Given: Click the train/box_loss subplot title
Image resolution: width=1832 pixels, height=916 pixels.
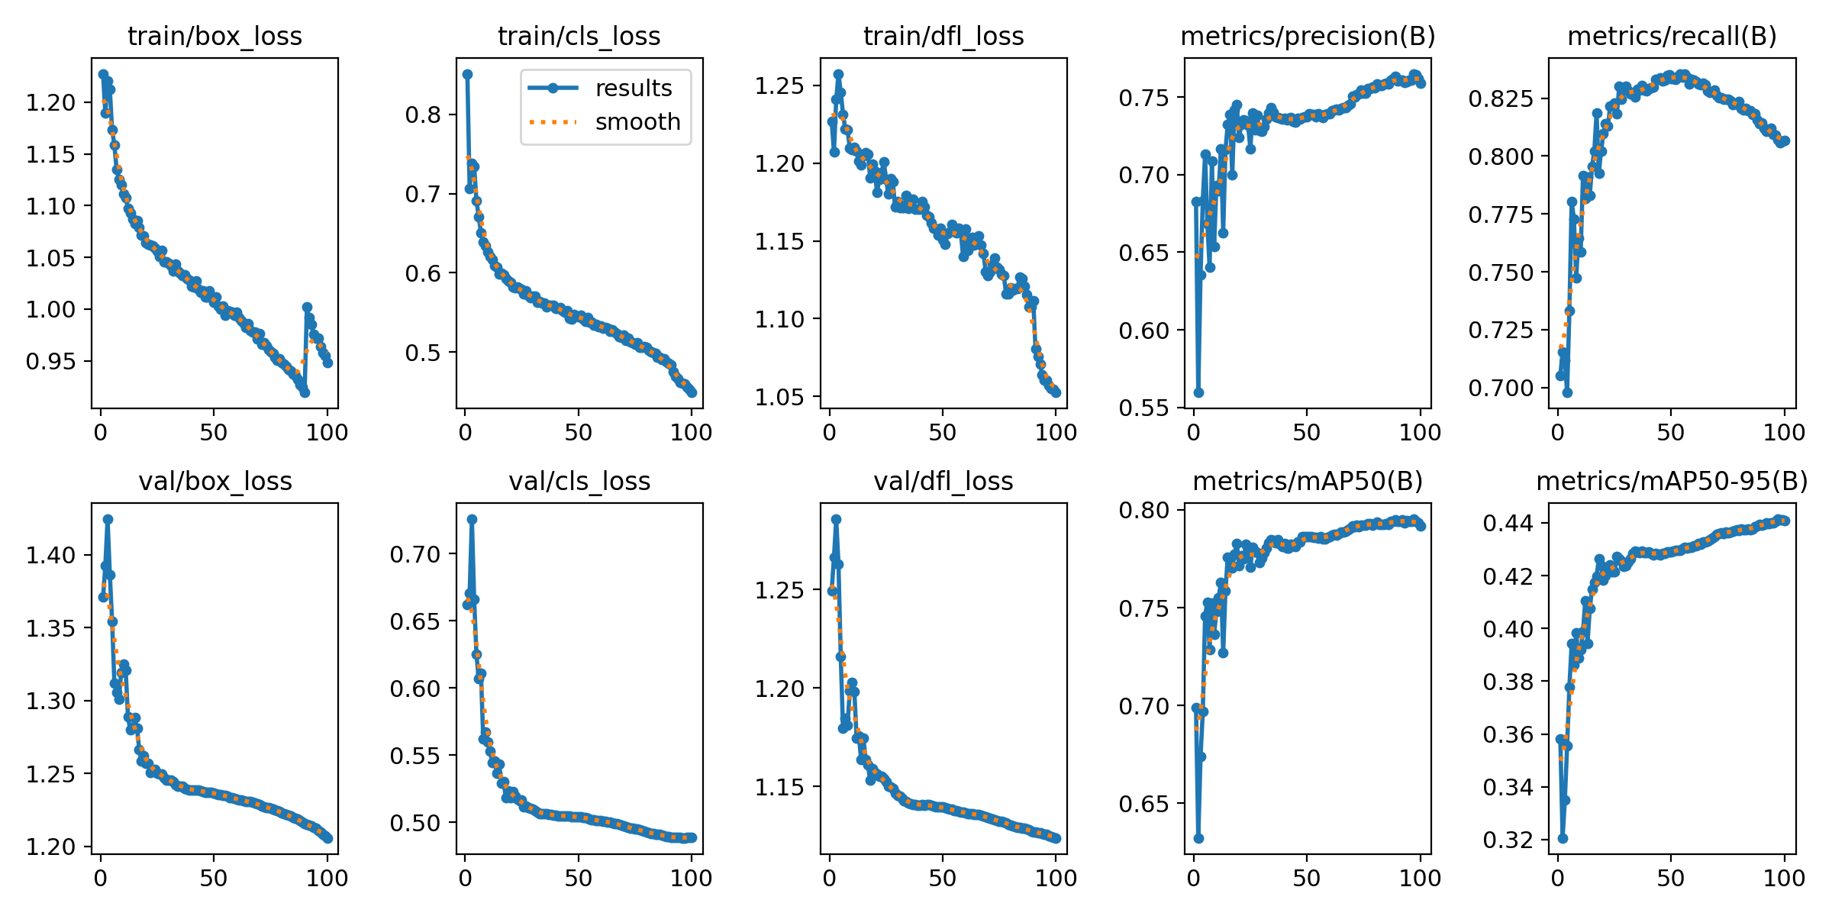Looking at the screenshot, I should point(214,36).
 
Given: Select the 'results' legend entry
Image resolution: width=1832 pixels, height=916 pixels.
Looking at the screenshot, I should point(633,89).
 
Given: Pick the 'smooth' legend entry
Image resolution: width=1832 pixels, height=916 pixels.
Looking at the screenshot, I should point(637,122).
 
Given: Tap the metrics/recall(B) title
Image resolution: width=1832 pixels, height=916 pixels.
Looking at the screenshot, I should point(1672,36).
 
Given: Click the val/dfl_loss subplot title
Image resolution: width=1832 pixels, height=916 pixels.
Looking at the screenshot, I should point(943,481).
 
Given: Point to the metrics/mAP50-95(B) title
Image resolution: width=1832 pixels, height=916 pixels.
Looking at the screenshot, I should point(1672,481).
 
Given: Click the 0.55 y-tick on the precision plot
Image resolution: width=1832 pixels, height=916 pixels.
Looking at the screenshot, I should point(1143,408).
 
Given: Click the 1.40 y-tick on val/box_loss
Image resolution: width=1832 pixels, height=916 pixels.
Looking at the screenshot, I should point(51,555).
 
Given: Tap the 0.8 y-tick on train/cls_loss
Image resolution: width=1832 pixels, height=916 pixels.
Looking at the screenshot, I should point(424,115).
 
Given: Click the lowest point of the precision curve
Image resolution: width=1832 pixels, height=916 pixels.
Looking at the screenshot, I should point(1198,392).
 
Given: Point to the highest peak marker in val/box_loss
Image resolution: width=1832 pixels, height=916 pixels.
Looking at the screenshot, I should point(108,519).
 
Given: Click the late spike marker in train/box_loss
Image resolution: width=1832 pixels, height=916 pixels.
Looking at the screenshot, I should point(307,307).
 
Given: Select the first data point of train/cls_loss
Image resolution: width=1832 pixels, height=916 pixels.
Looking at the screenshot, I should point(467,74).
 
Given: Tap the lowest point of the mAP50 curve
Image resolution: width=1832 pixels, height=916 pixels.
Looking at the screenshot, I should point(1198,838).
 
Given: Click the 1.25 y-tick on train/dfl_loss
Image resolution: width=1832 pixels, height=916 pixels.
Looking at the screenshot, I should point(779,86).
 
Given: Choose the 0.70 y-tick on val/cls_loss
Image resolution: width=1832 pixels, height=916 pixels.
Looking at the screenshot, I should point(415,554).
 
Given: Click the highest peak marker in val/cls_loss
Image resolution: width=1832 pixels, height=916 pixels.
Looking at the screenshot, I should point(472,519).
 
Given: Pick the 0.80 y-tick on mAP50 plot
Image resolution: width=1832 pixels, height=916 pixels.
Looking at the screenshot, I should point(1143,510).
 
